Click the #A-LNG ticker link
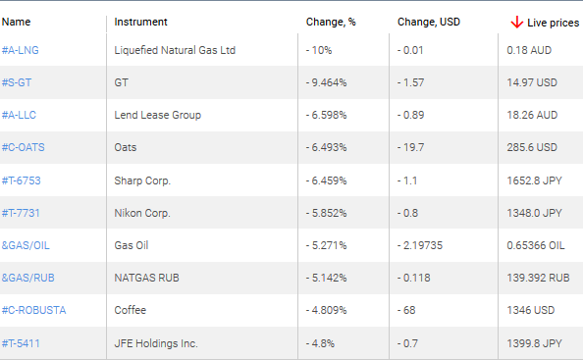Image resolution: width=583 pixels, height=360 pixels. point(21,50)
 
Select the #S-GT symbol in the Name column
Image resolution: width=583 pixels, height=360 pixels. point(19,82)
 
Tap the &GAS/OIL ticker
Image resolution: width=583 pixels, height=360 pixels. point(26,245)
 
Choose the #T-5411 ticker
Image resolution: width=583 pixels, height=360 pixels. point(21,343)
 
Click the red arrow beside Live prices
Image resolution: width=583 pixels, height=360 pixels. point(516,22)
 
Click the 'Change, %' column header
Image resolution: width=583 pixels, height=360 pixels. point(330,22)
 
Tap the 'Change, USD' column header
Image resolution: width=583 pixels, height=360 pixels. point(428,22)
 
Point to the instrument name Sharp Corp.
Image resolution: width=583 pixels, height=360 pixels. point(142,180)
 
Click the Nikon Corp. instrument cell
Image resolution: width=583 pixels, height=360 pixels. point(143,213)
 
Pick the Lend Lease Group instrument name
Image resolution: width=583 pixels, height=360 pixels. point(157,115)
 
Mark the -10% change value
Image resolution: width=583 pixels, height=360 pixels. point(320,50)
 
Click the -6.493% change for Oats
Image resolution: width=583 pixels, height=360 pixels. point(328,147)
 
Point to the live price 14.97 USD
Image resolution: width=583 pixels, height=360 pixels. point(532,82)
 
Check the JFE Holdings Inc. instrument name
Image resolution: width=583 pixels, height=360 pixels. point(156,343)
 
